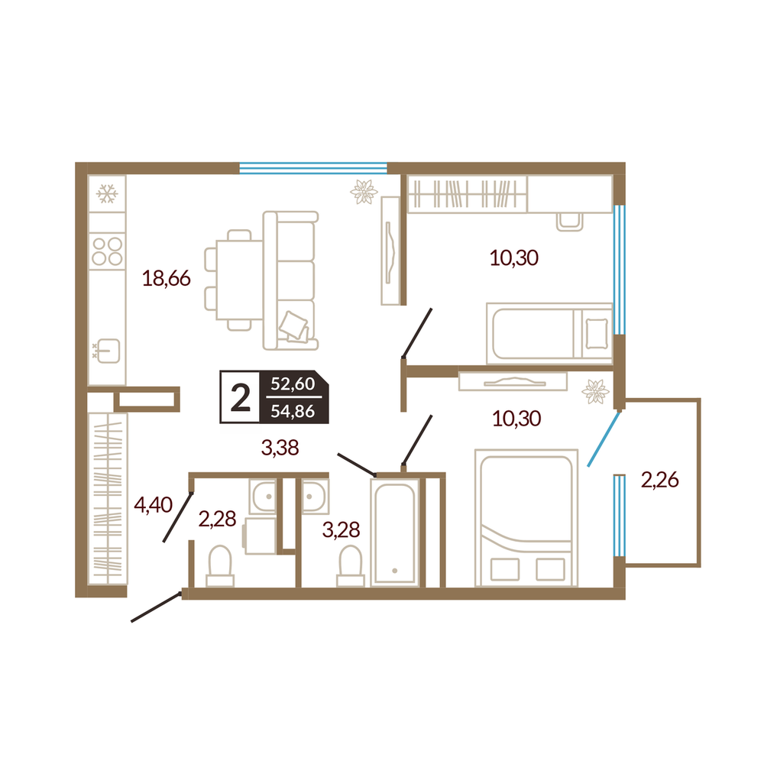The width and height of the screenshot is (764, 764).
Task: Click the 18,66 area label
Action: (166, 278)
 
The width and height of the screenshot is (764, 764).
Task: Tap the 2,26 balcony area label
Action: (659, 480)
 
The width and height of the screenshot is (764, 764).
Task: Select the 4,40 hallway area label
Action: (153, 505)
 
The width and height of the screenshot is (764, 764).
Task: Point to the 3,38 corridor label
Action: (280, 447)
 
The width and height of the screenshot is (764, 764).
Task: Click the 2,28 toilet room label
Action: (217, 519)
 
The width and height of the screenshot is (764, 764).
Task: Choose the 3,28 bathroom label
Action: (341, 529)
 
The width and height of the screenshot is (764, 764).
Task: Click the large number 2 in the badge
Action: (240, 397)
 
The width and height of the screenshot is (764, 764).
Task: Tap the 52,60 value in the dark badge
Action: (293, 384)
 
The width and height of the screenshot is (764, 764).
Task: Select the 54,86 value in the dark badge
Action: (293, 411)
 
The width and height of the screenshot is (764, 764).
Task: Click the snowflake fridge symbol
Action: (107, 193)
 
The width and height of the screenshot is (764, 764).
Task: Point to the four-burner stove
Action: (107, 251)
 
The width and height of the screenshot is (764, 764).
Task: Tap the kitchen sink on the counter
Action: (108, 351)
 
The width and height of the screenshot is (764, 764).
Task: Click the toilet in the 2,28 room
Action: (220, 566)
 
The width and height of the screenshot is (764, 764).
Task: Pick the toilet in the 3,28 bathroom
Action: (351, 566)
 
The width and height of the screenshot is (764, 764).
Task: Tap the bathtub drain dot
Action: (395, 571)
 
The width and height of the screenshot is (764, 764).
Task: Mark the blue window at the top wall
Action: (313, 169)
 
